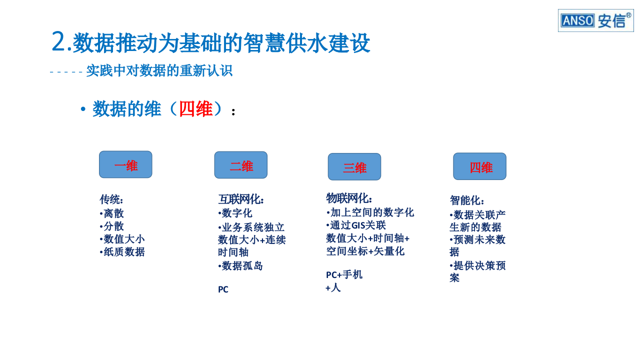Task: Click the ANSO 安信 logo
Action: (595, 20)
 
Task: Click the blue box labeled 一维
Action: (125, 164)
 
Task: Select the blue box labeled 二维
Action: (241, 165)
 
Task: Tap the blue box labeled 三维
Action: (354, 167)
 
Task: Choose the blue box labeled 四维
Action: (480, 166)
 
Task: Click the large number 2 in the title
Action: (58, 41)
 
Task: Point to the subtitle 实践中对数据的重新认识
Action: (159, 70)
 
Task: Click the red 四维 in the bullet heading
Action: (195, 108)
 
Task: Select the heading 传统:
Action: (111, 199)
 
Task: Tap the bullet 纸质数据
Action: (122, 252)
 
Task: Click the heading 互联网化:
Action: (241, 199)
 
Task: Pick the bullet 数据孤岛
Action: (241, 265)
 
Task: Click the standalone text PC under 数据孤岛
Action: (223, 289)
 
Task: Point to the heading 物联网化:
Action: (349, 198)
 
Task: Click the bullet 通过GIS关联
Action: (356, 225)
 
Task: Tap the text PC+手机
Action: (344, 274)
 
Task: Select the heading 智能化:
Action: (467, 200)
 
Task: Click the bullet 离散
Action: (112, 213)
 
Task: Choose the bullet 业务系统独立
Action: (251, 227)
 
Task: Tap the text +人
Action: (333, 287)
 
